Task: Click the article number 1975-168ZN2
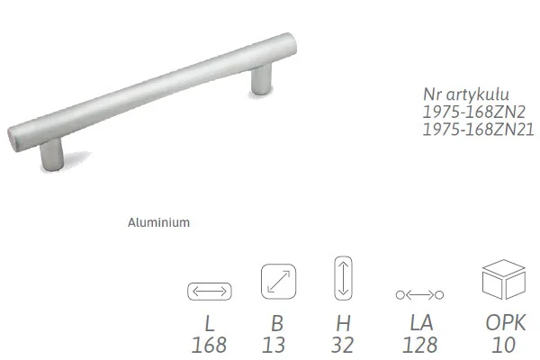(474, 112)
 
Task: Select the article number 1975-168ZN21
(478, 130)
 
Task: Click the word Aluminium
(158, 222)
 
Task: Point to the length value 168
(209, 345)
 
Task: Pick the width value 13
(274, 345)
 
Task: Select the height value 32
(342, 345)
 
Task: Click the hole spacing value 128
(419, 345)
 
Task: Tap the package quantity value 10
(503, 345)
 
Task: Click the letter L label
(210, 323)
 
